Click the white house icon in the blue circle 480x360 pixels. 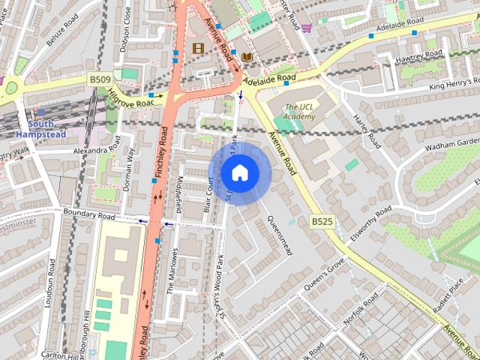pyautogui.click(x=239, y=173)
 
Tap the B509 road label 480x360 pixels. pyautogui.click(x=100, y=78)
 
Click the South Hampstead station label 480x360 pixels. pyautogui.click(x=46, y=129)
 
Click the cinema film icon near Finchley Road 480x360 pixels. pyautogui.click(x=198, y=49)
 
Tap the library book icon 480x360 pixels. pyautogui.click(x=247, y=56)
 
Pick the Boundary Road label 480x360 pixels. pyautogui.click(x=89, y=215)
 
